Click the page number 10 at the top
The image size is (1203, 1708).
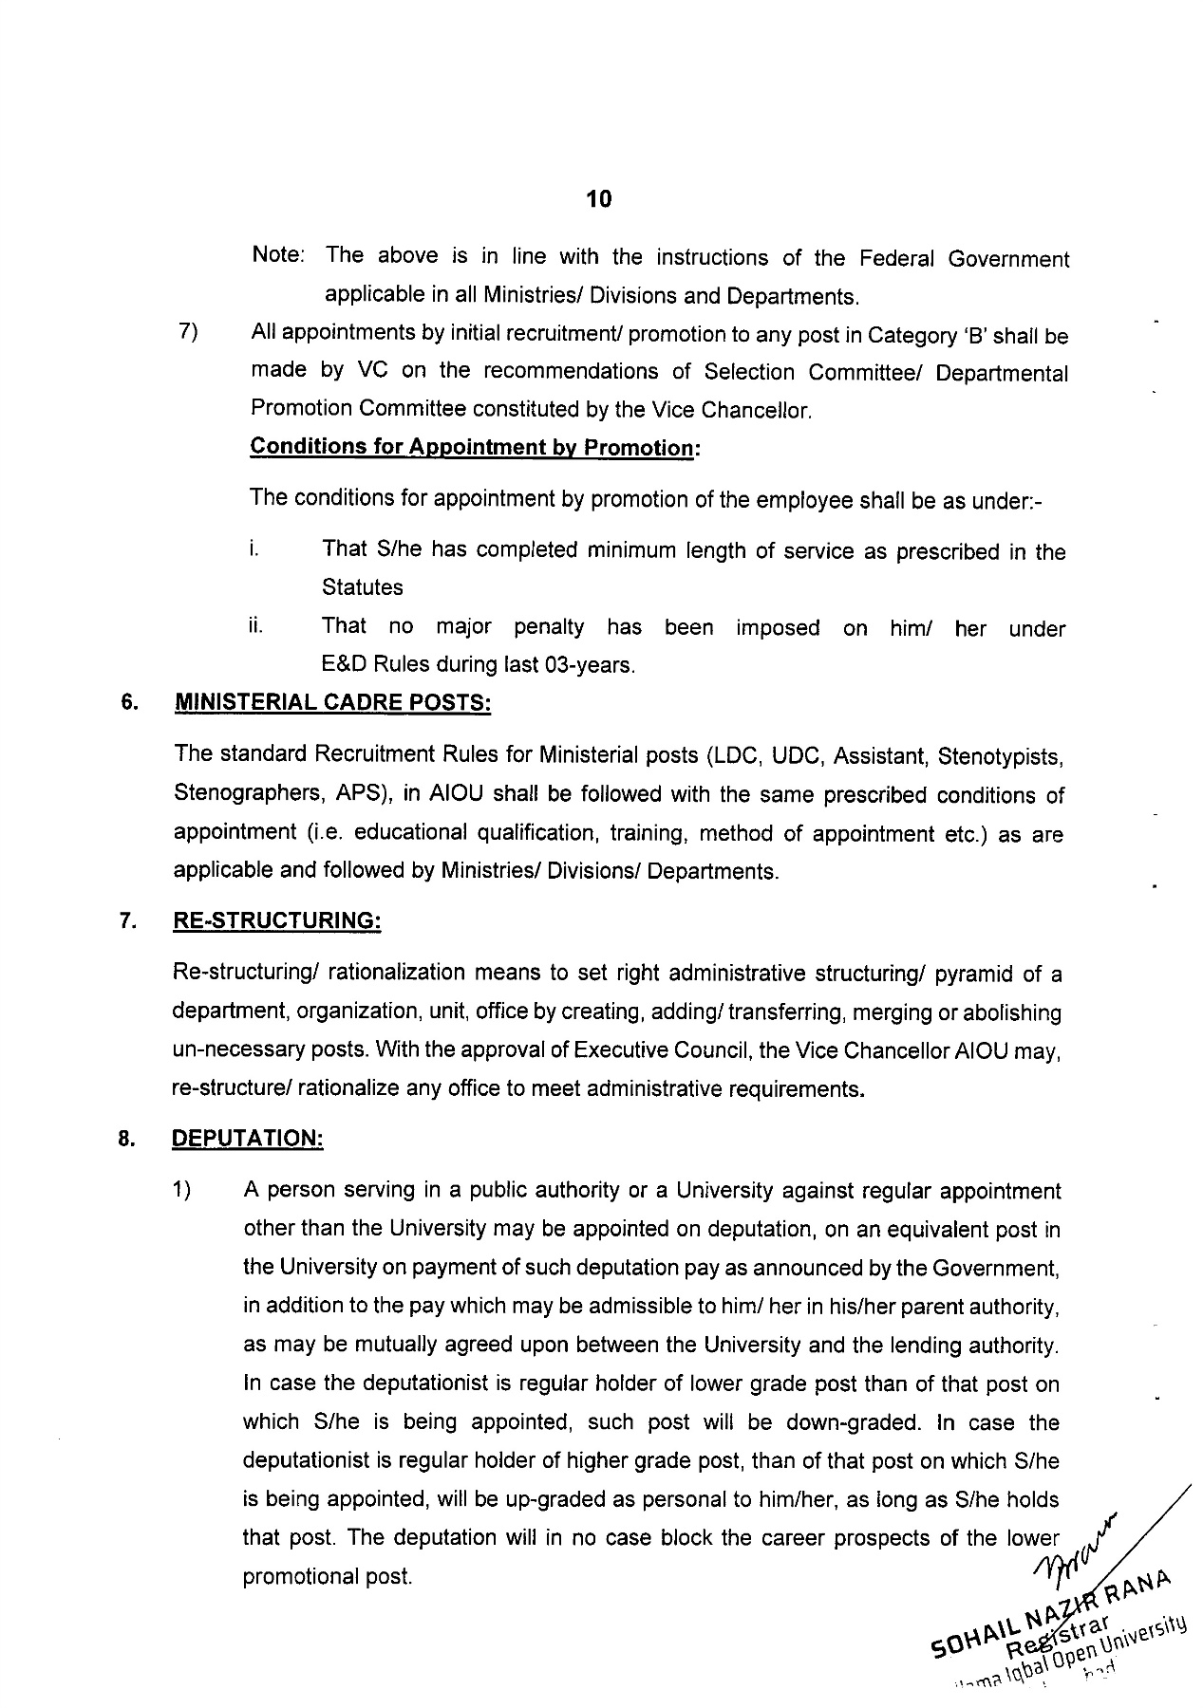599,199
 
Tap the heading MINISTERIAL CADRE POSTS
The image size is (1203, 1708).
333,704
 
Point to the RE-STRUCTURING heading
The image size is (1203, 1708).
276,922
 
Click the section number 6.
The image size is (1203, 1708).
127,704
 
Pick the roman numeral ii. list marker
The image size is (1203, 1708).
254,626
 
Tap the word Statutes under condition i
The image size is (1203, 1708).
363,588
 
